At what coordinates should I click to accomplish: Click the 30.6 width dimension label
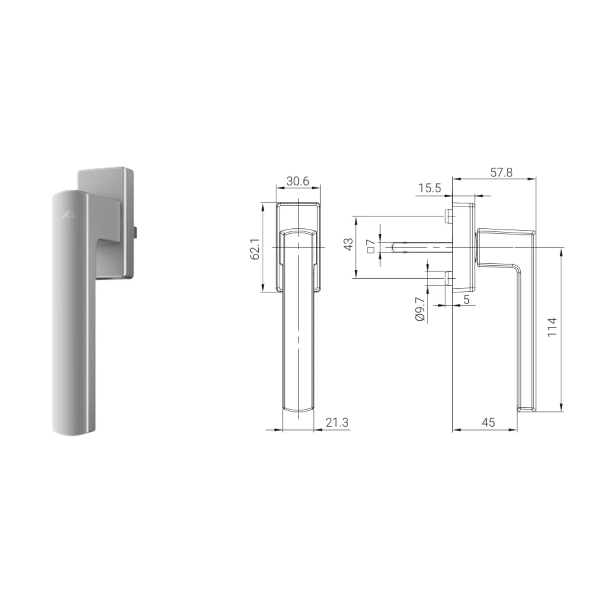pyautogui.click(x=297, y=181)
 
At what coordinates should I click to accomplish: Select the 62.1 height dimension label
pyautogui.click(x=255, y=249)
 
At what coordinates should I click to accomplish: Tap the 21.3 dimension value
pyautogui.click(x=337, y=422)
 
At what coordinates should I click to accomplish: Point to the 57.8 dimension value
pyautogui.click(x=501, y=173)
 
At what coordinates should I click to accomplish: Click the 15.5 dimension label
pyautogui.click(x=430, y=188)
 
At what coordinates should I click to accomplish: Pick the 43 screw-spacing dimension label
pyautogui.click(x=349, y=244)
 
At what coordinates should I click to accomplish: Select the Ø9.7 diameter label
pyautogui.click(x=420, y=309)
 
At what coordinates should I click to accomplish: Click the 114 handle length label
pyautogui.click(x=552, y=327)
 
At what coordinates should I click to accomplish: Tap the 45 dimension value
pyautogui.click(x=489, y=422)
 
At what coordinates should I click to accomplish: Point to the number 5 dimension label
pyautogui.click(x=466, y=300)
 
